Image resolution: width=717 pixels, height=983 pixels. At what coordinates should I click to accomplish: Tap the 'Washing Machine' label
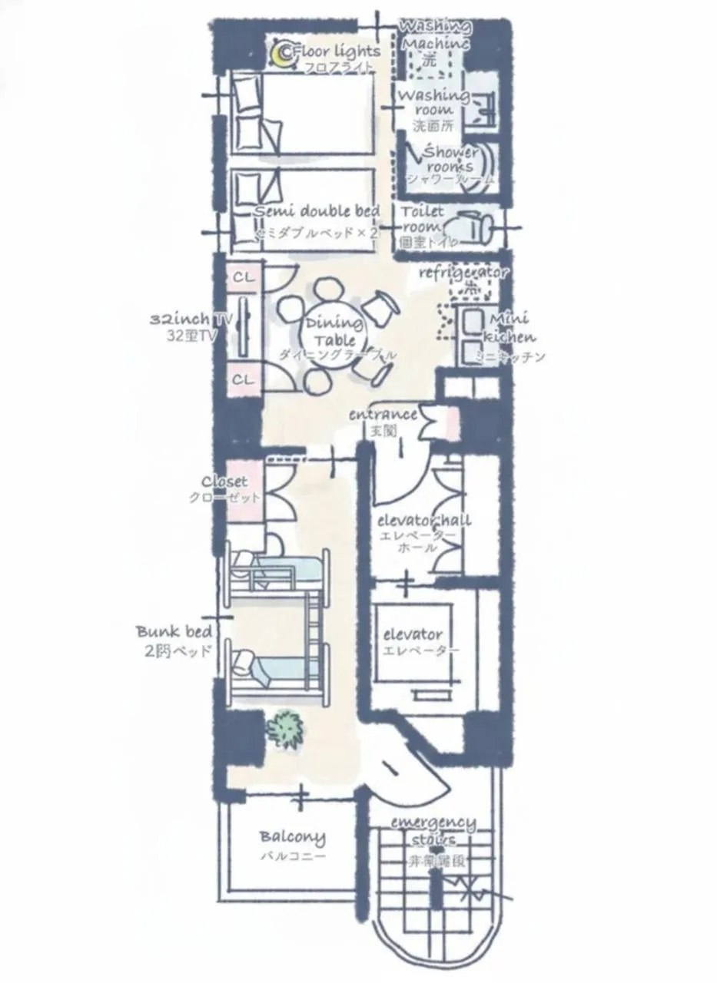[x=435, y=35]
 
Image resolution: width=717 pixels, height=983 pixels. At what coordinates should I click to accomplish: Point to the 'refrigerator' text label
[x=463, y=272]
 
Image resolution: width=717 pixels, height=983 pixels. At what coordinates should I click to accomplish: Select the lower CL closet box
[x=244, y=379]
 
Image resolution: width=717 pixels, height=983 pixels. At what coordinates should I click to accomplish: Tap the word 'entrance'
[x=382, y=415]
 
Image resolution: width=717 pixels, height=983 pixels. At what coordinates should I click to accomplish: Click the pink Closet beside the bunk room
[x=246, y=489]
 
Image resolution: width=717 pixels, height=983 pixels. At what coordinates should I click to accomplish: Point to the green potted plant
[x=286, y=729]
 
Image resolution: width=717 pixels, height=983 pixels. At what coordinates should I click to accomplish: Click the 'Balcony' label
[x=292, y=836]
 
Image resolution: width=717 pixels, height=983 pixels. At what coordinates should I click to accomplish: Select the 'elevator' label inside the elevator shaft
[x=413, y=634]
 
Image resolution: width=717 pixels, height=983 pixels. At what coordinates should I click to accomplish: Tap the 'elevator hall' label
[x=424, y=521]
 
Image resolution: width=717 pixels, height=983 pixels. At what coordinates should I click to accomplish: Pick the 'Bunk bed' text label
[x=174, y=631]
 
